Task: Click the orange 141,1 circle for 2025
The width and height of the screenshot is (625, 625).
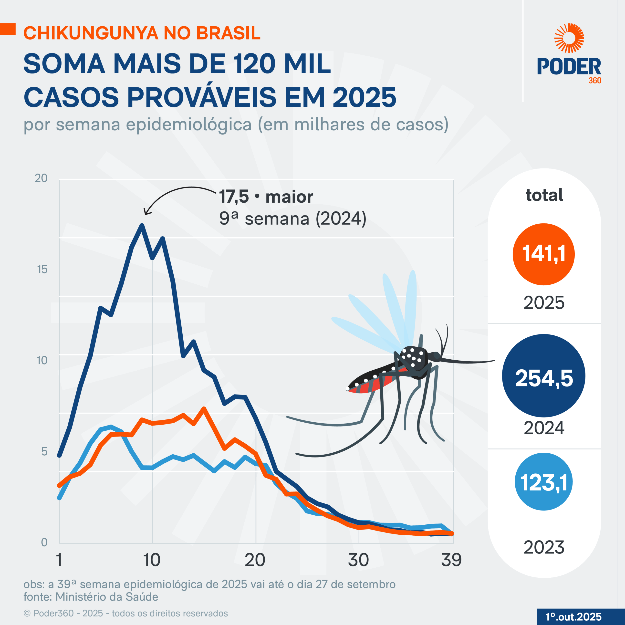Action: (x=543, y=254)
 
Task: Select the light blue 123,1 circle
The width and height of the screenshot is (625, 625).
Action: (x=543, y=482)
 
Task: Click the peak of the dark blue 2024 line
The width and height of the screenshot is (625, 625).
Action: (x=142, y=226)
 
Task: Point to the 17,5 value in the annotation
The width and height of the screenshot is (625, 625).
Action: (x=234, y=197)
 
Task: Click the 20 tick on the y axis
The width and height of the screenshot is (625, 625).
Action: (x=41, y=178)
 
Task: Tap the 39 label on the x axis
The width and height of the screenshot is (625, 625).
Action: (x=451, y=560)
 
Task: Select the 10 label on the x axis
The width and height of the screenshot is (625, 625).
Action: (x=152, y=560)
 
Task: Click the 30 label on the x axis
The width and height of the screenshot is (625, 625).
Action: (x=358, y=560)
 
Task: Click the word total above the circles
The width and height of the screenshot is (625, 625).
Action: (x=544, y=195)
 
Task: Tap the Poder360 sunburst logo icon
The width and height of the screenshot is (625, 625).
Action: (x=569, y=38)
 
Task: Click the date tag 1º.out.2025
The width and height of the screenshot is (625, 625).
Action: (x=573, y=617)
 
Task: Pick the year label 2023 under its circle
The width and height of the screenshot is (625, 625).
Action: (x=544, y=547)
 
